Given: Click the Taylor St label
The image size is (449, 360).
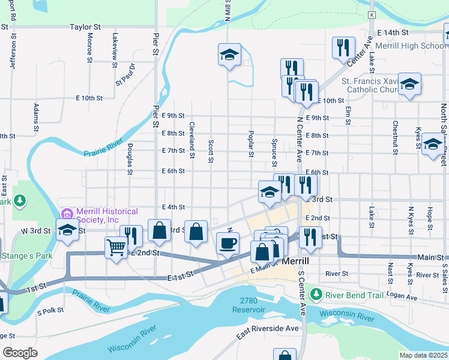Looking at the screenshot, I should click(85, 27).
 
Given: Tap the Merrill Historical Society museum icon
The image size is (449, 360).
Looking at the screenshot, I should click(66, 214).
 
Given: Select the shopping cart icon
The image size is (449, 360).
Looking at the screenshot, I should click(115, 246).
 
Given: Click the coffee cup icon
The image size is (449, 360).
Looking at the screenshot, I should click(228, 243).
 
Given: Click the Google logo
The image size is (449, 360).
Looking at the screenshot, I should click(20, 353).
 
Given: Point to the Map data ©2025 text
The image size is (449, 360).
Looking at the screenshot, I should click(423, 355).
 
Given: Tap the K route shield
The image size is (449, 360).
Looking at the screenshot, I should click(372, 14).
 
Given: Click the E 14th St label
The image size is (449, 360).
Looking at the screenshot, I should click(393, 32).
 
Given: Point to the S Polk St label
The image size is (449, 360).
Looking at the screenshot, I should click(50, 312).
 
